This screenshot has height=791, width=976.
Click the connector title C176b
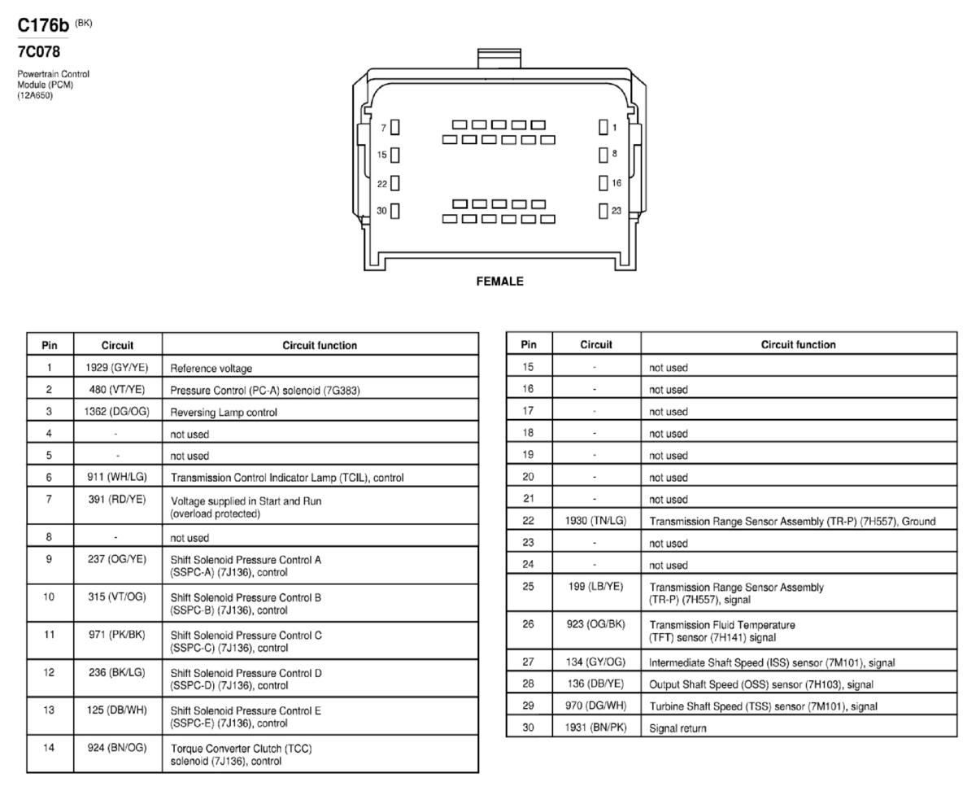pos(42,25)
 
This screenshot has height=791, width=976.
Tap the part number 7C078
pos(38,51)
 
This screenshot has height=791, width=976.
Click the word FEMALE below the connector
pos(499,281)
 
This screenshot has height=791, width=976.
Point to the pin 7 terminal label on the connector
pos(383,128)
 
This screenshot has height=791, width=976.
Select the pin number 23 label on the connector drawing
pos(617,211)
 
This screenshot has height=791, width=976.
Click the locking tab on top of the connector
pos(499,59)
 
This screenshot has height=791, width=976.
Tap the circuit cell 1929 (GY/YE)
pos(117,367)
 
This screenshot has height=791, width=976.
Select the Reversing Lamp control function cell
pos(224,412)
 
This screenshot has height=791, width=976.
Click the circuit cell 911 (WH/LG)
pos(117,477)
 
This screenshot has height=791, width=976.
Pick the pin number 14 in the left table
pos(49,747)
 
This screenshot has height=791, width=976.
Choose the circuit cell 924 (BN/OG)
pos(117,747)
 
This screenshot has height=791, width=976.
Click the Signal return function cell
pos(678,728)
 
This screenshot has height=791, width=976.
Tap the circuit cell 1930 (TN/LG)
pos(595,521)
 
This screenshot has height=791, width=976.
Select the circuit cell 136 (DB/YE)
pos(595,684)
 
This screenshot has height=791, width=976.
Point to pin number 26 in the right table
pos(528,623)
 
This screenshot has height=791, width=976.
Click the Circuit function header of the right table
pos(798,344)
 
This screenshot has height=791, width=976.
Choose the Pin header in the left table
pos(50,345)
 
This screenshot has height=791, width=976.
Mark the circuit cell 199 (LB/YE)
pos(595,586)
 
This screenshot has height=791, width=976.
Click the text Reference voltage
pos(211,368)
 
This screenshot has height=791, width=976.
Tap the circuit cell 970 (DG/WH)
pos(595,706)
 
